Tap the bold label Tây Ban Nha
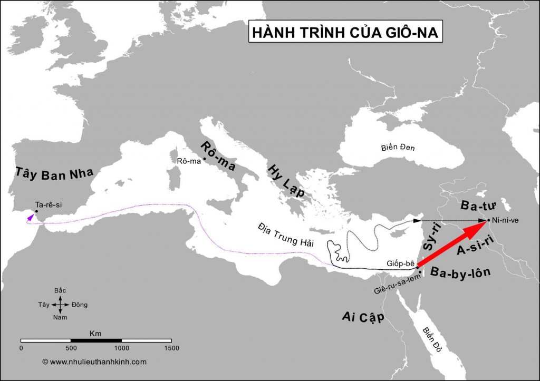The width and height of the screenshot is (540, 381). (x=54, y=174)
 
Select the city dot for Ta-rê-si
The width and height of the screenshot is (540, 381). (x=36, y=211)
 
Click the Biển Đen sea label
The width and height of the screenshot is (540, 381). (x=398, y=148)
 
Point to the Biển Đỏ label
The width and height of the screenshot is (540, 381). (x=432, y=337)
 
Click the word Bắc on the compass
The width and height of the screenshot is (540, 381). (x=61, y=291)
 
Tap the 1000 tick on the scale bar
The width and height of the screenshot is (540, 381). (x=121, y=348)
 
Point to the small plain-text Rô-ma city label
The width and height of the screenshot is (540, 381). (x=189, y=161)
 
